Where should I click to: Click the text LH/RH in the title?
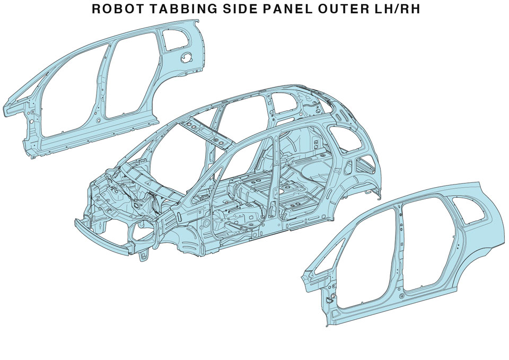click(x=398, y=9)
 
